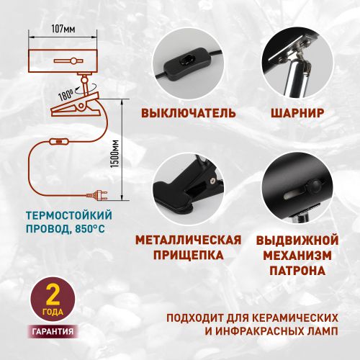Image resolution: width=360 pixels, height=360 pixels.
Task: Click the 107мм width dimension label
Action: pyautogui.click(x=63, y=29)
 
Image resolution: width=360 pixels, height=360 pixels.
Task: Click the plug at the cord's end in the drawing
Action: pyautogui.click(x=97, y=194)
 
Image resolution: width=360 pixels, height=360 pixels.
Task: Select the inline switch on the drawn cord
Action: pyautogui.click(x=59, y=142)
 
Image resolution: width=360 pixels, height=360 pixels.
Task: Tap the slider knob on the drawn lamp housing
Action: pyautogui.click(x=73, y=60)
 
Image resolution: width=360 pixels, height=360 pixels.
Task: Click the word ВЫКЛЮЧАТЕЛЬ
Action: pyautogui.click(x=189, y=113)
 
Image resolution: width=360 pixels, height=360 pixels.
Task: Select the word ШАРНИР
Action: pyautogui.click(x=297, y=113)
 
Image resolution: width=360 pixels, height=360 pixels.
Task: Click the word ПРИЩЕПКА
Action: pyautogui.click(x=189, y=255)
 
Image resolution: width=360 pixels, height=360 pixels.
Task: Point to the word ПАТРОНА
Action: pyautogui.click(x=297, y=271)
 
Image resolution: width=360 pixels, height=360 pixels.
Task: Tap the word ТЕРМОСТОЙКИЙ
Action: pyautogui.click(x=69, y=215)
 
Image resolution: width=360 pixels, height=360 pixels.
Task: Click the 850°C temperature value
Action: pyautogui.click(x=90, y=228)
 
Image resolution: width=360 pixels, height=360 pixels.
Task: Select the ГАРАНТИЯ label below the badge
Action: pyautogui.click(x=53, y=331)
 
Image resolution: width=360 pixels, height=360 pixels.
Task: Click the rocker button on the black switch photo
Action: pyautogui.click(x=186, y=62)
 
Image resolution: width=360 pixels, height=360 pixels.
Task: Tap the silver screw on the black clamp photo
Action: pyautogui.click(x=212, y=180)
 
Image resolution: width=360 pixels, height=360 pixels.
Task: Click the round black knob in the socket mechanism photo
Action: pyautogui.click(x=315, y=186)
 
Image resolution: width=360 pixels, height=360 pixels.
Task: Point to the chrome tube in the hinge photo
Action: pyautogui.click(x=297, y=78)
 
